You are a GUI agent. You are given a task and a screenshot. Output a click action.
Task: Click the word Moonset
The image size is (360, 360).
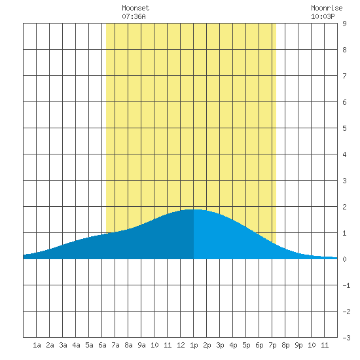135,8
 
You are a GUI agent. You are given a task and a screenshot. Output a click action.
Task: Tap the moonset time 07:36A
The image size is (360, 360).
134,16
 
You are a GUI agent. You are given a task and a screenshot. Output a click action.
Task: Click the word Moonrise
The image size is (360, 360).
327,8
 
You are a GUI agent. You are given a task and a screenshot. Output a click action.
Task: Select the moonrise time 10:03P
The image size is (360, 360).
323,16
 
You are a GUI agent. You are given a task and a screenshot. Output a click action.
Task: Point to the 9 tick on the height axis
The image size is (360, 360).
344,24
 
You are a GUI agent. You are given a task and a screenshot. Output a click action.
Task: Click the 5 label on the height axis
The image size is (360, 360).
344,128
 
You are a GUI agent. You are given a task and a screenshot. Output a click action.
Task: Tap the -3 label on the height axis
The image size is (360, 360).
346,338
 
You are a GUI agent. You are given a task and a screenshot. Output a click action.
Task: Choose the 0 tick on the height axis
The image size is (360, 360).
344,259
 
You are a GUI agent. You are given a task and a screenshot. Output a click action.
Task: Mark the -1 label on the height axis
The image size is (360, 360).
346,285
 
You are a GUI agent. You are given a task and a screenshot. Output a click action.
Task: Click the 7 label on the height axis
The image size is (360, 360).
344,76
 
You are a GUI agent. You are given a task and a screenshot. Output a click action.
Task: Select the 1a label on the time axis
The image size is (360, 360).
37,345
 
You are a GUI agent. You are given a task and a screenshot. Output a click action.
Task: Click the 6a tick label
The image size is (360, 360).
102,345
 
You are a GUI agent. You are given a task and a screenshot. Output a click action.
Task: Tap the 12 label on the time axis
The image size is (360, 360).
181,345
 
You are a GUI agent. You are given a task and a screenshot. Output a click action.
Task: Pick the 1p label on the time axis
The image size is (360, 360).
194,345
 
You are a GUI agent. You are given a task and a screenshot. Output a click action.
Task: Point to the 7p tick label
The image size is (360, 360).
272,345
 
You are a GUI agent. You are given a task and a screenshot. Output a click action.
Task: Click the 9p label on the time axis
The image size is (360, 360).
298,345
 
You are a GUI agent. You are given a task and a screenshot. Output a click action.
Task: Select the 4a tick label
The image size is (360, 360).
76,345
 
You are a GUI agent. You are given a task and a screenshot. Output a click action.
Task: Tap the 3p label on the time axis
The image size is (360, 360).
220,345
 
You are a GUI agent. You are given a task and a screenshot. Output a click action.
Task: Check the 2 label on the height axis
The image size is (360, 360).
344,207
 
